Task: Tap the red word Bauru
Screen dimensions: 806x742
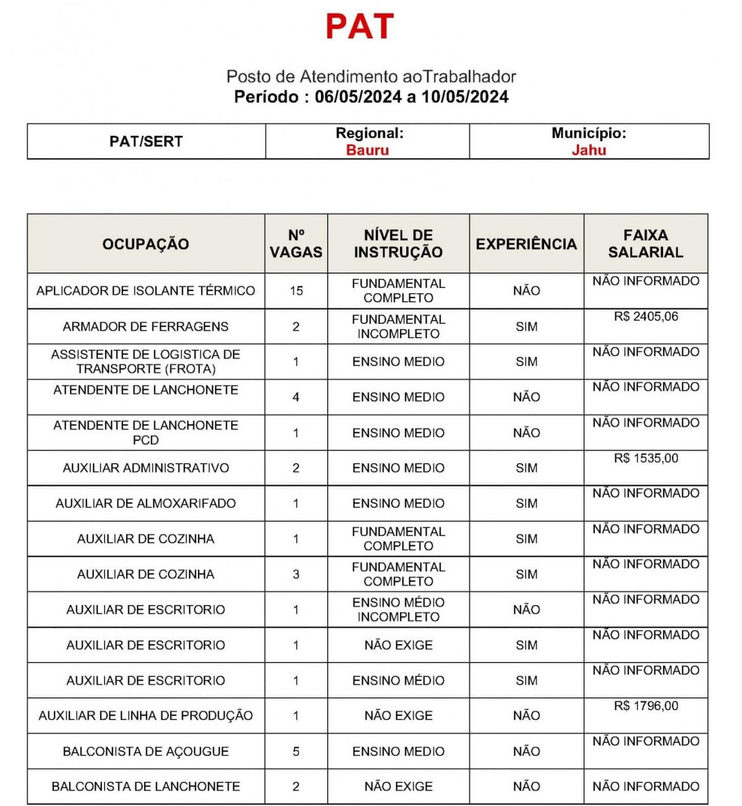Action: click(367, 150)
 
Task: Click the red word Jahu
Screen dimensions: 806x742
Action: click(589, 150)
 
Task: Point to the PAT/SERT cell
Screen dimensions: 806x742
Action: click(146, 142)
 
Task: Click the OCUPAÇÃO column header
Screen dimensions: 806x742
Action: click(146, 244)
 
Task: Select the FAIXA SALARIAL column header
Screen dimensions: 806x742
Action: click(646, 244)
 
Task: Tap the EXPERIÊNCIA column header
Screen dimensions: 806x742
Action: click(526, 244)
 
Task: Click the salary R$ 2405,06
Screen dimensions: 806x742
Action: click(646, 316)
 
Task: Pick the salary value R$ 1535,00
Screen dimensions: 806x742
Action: click(646, 459)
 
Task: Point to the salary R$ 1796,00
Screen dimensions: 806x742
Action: click(646, 706)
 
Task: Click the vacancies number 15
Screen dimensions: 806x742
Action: click(296, 291)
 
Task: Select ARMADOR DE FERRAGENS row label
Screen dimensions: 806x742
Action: click(146, 326)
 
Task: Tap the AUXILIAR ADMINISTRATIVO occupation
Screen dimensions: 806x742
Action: click(146, 468)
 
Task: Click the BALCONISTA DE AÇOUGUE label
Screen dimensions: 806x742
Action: click(146, 752)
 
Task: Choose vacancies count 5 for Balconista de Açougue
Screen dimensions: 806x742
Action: click(296, 752)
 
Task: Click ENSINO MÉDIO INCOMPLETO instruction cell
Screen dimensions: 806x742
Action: click(398, 609)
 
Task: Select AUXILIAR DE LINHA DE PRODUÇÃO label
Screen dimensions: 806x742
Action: click(146, 716)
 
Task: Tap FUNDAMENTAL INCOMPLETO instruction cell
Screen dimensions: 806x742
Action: click(398, 326)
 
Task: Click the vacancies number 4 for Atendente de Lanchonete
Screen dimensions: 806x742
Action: click(296, 397)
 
